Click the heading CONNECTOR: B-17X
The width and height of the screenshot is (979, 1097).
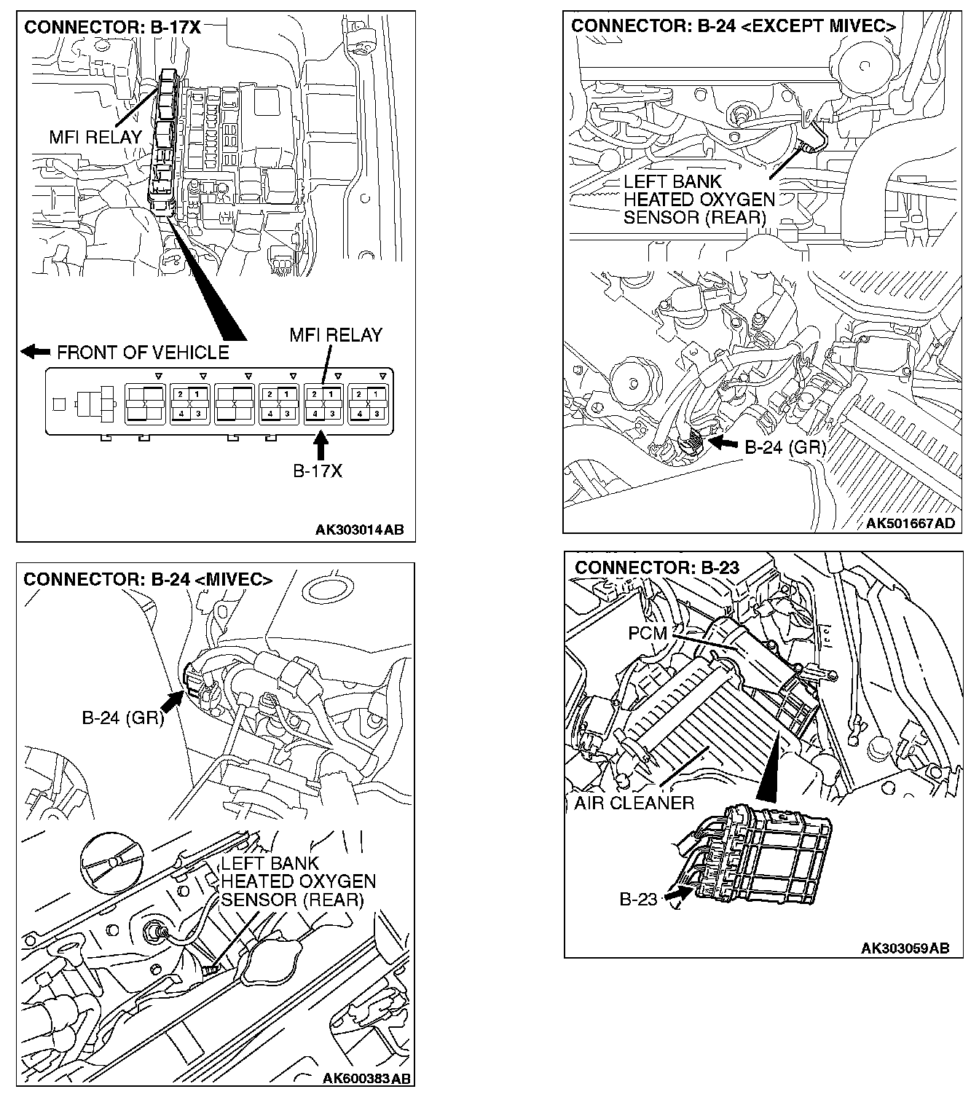(x=112, y=28)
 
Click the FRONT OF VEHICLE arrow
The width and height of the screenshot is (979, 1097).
(x=35, y=352)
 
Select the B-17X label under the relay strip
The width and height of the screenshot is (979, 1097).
(x=318, y=471)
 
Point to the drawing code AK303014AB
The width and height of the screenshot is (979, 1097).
(x=359, y=530)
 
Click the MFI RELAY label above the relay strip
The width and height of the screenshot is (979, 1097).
(x=336, y=335)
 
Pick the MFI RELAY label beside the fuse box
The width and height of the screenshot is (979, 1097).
(x=95, y=136)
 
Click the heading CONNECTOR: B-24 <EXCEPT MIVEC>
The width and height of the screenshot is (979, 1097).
(x=734, y=26)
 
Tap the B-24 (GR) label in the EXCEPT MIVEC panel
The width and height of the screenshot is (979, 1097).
(x=785, y=447)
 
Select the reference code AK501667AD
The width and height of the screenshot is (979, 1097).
(x=910, y=524)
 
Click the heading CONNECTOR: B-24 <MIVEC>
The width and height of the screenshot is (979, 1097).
(x=148, y=580)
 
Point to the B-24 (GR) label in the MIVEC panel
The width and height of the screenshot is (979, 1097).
(x=122, y=718)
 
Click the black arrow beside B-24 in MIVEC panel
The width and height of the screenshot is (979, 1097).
(x=171, y=701)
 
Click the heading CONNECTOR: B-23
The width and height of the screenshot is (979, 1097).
(x=657, y=567)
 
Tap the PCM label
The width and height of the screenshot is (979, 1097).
(x=648, y=633)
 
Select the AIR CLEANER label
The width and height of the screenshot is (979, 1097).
(x=634, y=803)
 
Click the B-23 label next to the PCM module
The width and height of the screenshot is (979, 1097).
(x=638, y=899)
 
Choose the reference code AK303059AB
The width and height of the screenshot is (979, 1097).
(x=905, y=948)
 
